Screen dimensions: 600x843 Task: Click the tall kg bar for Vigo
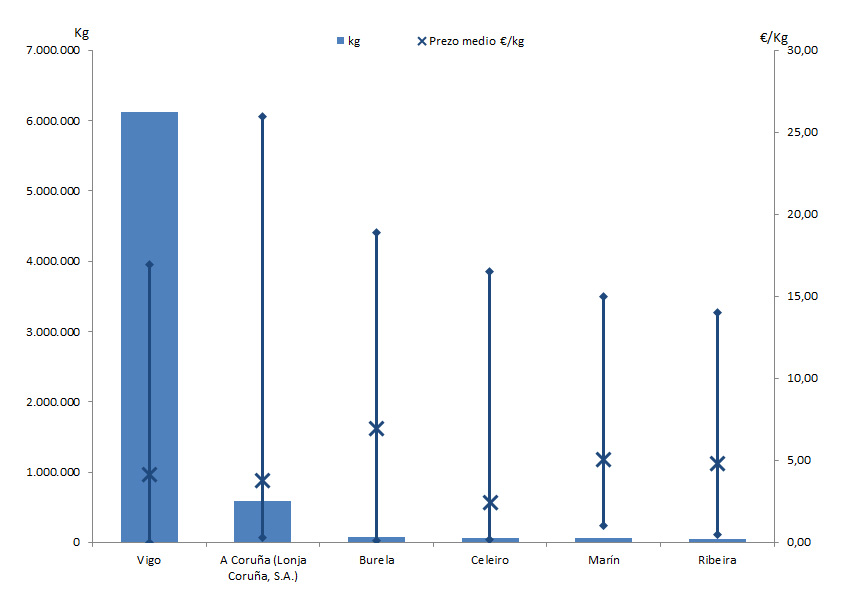coord(130,300)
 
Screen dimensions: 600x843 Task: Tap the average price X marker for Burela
coord(376,429)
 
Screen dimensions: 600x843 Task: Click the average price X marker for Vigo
coord(149,474)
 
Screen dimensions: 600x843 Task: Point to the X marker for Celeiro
coord(490,502)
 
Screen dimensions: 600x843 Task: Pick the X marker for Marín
coord(603,460)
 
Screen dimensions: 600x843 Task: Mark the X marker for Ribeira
coord(717,463)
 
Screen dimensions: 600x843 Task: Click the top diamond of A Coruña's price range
coord(262,116)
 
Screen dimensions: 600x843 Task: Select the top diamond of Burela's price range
coord(376,232)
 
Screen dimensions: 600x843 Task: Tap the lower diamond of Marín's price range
coord(603,525)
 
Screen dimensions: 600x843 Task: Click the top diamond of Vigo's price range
coord(149,264)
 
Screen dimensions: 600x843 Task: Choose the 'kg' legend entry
coord(348,41)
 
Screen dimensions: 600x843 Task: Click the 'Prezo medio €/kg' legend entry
coord(470,41)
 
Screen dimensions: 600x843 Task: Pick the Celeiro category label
coord(490,560)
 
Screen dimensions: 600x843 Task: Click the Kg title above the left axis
coord(82,33)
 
